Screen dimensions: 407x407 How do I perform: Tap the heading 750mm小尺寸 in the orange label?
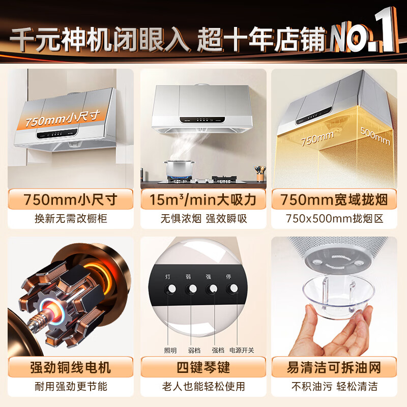(x=70, y=199)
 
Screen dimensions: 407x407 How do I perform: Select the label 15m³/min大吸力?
(x=203, y=199)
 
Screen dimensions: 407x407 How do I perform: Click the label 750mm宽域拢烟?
(x=335, y=199)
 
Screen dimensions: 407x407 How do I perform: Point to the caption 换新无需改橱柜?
(x=70, y=220)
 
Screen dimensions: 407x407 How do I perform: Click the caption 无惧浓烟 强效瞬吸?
(x=203, y=220)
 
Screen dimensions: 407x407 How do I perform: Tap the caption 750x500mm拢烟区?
(x=335, y=220)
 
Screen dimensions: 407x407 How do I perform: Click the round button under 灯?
(x=171, y=288)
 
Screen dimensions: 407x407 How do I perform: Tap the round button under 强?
(x=212, y=288)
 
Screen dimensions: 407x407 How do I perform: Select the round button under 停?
(x=234, y=288)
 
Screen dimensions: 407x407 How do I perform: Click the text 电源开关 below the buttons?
(x=242, y=351)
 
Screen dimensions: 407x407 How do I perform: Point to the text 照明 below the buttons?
(x=170, y=351)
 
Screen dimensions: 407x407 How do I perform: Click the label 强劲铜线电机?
(x=70, y=366)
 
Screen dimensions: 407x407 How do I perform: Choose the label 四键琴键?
(x=203, y=366)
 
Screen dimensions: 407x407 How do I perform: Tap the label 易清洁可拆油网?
(x=335, y=366)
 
